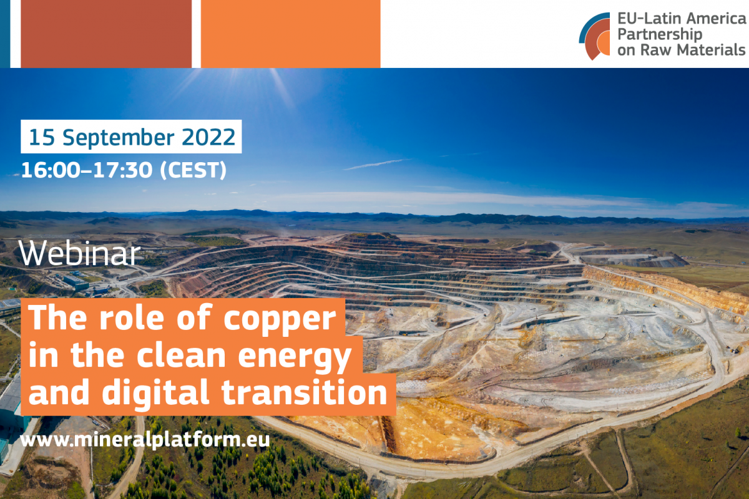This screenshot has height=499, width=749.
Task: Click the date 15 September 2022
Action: point(132,137)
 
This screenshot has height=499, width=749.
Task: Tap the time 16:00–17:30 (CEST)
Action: point(124,170)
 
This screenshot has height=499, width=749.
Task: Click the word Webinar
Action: point(80,254)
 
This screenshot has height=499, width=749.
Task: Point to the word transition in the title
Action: point(305,392)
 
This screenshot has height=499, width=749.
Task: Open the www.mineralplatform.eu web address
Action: point(144,440)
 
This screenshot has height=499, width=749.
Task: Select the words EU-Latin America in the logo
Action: point(682,18)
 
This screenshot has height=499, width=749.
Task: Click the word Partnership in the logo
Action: point(659,34)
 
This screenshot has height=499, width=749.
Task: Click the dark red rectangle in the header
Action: point(106,34)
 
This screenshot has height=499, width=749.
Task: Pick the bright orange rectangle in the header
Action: point(291,34)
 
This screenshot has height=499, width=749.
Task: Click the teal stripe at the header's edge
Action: point(5,34)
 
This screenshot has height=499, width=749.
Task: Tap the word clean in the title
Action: point(181,355)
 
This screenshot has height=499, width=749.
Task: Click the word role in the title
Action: point(132,318)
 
